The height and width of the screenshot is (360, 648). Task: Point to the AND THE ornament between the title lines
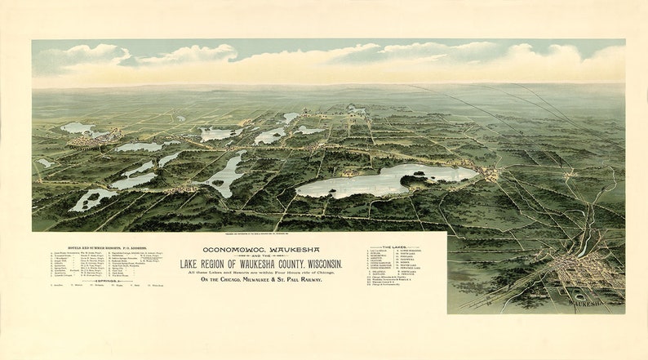coord(261,257)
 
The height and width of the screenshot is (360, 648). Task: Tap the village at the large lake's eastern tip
coord(490,174)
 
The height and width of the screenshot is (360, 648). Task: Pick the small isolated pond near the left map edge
coord(44,163)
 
